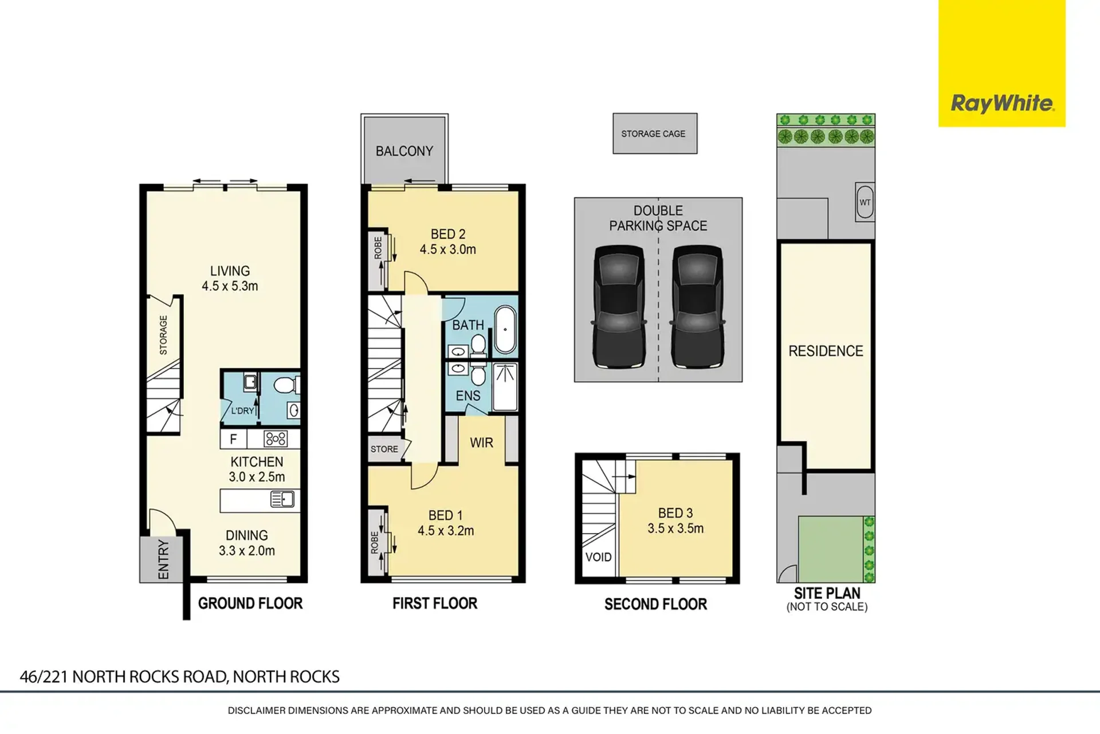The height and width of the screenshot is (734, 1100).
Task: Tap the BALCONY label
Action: click(404, 151)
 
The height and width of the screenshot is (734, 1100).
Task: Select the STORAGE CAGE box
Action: click(655, 133)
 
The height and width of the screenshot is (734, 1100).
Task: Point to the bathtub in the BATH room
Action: click(505, 330)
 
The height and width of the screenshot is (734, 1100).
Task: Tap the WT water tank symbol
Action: click(865, 202)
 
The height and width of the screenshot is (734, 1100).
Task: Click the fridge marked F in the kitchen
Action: click(234, 439)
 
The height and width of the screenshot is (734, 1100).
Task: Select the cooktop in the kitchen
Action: click(276, 439)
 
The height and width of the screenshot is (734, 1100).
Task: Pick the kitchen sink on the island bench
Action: click(282, 500)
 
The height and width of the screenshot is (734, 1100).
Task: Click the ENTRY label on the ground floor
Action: click(163, 559)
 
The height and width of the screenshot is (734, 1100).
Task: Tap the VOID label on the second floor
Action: click(598, 557)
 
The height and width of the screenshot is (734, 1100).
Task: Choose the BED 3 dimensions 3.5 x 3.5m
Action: click(675, 528)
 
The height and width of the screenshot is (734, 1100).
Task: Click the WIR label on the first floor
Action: click(481, 443)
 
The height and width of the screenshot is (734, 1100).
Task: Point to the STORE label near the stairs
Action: click(384, 449)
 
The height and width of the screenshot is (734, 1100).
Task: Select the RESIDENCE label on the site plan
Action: click(826, 351)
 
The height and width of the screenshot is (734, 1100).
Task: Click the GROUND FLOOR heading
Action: click(250, 603)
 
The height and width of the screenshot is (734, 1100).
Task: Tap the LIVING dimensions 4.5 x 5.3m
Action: click(230, 286)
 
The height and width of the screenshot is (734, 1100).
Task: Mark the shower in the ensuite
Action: click(505, 387)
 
